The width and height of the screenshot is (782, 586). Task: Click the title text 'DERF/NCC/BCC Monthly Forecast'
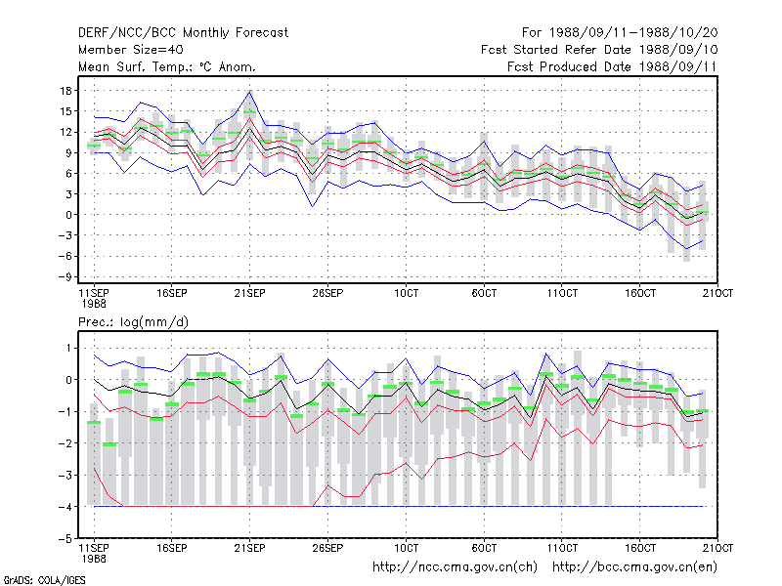pyautogui.click(x=183, y=33)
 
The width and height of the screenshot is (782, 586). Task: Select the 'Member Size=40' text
pyautogui.click(x=131, y=50)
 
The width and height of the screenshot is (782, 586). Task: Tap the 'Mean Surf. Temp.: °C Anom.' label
pyautogui.click(x=167, y=66)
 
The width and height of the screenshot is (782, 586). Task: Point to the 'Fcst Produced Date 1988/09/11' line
pyautogui.click(x=612, y=66)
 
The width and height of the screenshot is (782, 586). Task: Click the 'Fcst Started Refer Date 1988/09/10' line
pyautogui.click(x=599, y=50)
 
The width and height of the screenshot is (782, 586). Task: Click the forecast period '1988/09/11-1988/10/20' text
pyautogui.click(x=633, y=33)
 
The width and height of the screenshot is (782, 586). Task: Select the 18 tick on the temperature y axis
pyautogui.click(x=66, y=91)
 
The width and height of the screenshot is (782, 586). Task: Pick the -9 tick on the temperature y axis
pyautogui.click(x=65, y=276)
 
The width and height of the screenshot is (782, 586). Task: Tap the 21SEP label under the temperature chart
pyautogui.click(x=249, y=293)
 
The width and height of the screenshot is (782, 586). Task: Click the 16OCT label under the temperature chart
pyautogui.click(x=640, y=293)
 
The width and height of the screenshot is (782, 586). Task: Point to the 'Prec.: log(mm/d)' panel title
pyautogui.click(x=133, y=322)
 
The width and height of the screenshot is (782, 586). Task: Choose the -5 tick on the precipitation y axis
pyautogui.click(x=65, y=539)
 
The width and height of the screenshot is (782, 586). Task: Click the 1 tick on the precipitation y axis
pyautogui.click(x=68, y=348)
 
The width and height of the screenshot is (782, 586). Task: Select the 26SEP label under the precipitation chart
pyautogui.click(x=327, y=548)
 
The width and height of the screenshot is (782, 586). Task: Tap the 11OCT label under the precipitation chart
pyautogui.click(x=562, y=548)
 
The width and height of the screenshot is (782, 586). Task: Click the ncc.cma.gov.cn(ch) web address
pyautogui.click(x=455, y=567)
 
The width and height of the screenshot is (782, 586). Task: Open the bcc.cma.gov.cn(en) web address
pyautogui.click(x=634, y=567)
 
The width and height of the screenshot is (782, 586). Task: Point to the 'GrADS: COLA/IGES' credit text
pyautogui.click(x=44, y=580)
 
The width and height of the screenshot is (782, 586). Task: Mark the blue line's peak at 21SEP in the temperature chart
pyautogui.click(x=250, y=91)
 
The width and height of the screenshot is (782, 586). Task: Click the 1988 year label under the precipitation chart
pyautogui.click(x=94, y=559)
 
